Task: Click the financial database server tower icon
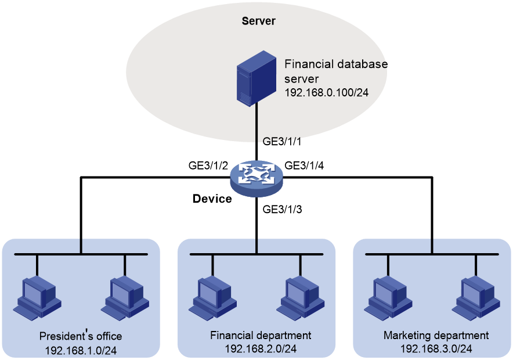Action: [x=256, y=78]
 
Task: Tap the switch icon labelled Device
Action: [x=256, y=178]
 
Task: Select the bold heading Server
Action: [x=258, y=21]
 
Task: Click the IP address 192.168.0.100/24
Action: [x=327, y=93]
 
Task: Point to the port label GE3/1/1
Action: [x=281, y=141]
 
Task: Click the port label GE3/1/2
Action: [x=208, y=165]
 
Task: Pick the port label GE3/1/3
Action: [x=282, y=209]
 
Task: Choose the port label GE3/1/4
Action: [x=304, y=165]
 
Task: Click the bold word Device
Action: [x=212, y=199]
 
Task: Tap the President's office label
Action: [x=81, y=336]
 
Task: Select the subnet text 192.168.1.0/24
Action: [x=81, y=351]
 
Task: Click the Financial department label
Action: [x=261, y=336]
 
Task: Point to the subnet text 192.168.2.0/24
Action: [x=261, y=349]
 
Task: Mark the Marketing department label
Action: [x=436, y=336]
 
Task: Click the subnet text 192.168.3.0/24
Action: [x=436, y=349]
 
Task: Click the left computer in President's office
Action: [x=37, y=298]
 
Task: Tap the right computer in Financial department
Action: [x=301, y=298]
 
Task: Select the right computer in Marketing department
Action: [x=476, y=298]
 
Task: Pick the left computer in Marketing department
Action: [x=388, y=298]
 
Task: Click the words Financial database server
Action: [x=336, y=71]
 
